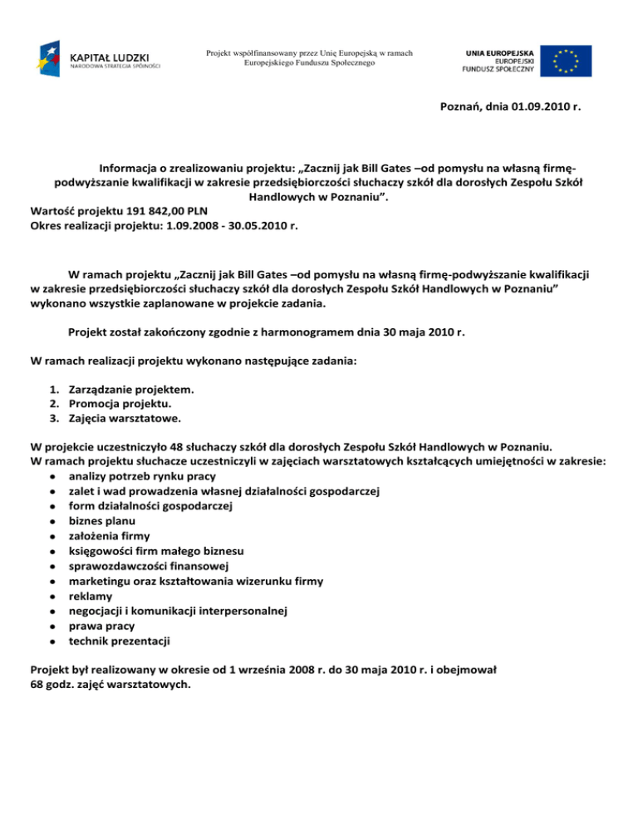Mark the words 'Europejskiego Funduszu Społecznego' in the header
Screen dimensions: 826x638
click(310, 63)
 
